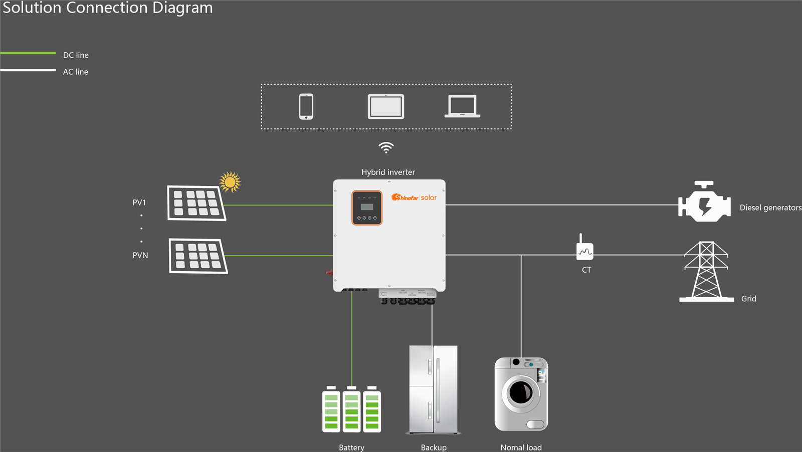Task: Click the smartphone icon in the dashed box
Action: [x=306, y=106]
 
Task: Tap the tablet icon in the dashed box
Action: [x=386, y=106]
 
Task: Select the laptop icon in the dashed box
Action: [x=462, y=106]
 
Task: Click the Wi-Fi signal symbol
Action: [x=386, y=147]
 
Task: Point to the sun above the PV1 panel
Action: [x=230, y=182]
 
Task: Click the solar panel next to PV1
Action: [x=196, y=203]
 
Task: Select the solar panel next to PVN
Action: [x=198, y=256]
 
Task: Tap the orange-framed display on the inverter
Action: [x=367, y=207]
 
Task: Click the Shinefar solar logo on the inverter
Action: [x=414, y=197]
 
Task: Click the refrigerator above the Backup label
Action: [x=433, y=389]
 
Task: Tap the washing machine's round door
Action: [x=521, y=392]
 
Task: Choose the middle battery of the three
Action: [x=351, y=409]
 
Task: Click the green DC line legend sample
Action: [x=28, y=53]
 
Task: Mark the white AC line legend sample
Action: [x=28, y=70]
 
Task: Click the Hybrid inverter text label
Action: [x=388, y=172]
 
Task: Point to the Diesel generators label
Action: [x=770, y=207]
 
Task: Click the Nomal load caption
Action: [x=521, y=447]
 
